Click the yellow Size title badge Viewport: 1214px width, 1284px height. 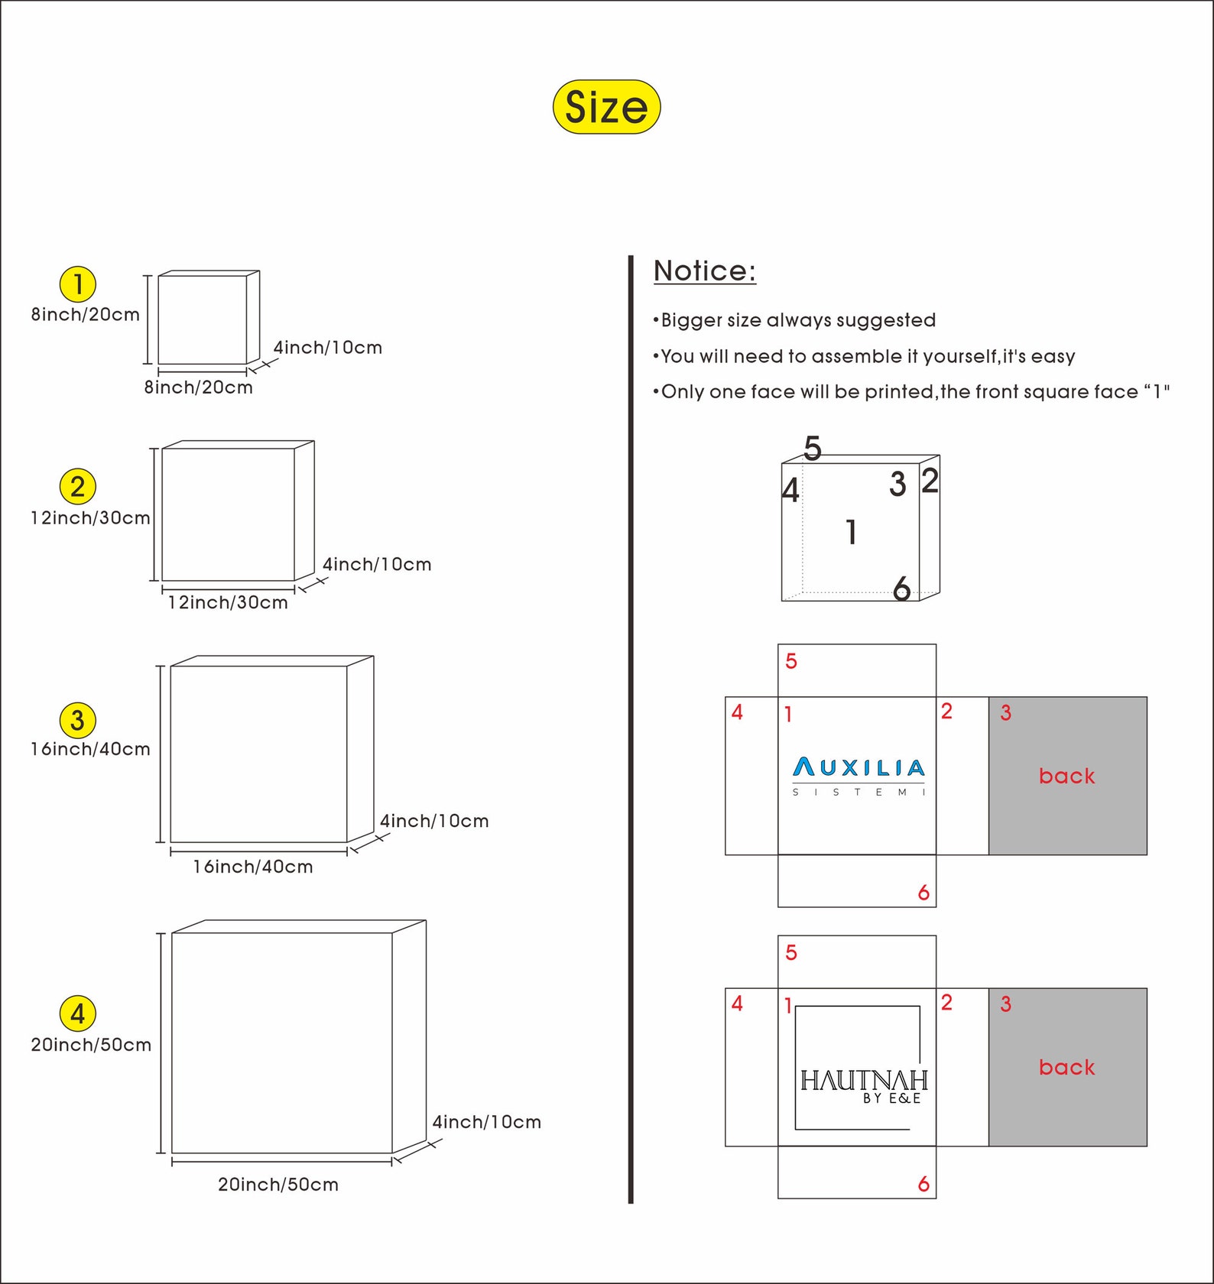[x=606, y=107]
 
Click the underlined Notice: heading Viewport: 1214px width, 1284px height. [x=705, y=271]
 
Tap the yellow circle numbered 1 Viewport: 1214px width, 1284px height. [x=78, y=284]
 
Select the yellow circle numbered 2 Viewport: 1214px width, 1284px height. [x=78, y=487]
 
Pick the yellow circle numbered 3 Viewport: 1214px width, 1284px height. [x=78, y=720]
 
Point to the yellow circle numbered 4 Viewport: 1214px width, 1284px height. [x=78, y=1013]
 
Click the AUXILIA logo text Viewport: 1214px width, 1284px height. [x=859, y=767]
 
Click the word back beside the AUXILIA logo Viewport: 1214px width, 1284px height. [x=1067, y=776]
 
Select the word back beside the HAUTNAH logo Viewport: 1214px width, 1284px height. [x=1067, y=1067]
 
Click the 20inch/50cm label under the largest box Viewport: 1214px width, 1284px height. [x=278, y=1185]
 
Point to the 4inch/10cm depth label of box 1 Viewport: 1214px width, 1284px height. [x=328, y=348]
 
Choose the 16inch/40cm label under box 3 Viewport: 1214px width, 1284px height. [x=253, y=867]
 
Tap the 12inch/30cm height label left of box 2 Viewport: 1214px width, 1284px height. [x=90, y=518]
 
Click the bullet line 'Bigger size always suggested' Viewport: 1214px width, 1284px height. [x=795, y=320]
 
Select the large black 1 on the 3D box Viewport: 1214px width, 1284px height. [x=852, y=532]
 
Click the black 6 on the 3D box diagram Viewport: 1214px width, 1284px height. [x=902, y=588]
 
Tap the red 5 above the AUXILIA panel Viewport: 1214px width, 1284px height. [x=791, y=661]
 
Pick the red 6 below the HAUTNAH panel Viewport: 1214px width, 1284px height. [x=923, y=1184]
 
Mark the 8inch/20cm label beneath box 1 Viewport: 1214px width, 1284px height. [x=199, y=387]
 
